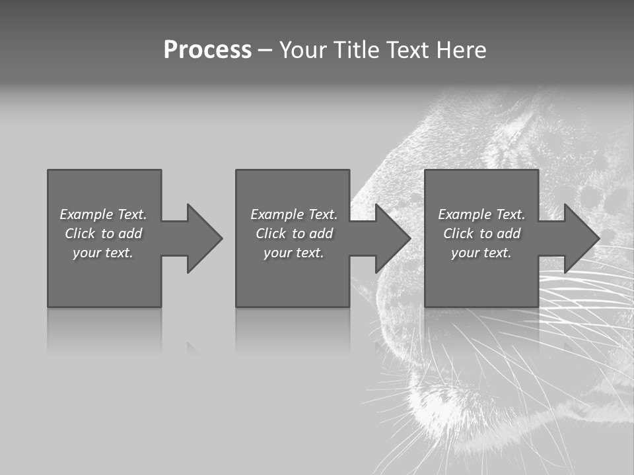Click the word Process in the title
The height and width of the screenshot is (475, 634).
click(x=207, y=50)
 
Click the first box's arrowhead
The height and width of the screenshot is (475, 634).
click(x=201, y=238)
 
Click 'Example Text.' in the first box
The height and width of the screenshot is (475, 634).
click(x=103, y=214)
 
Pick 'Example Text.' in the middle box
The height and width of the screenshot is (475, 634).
click(x=294, y=214)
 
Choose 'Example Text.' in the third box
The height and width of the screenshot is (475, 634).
click(x=481, y=214)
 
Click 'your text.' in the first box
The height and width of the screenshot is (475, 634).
click(x=103, y=253)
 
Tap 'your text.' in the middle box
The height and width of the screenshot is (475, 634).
click(x=294, y=253)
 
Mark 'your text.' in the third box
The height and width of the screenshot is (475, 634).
click(x=481, y=253)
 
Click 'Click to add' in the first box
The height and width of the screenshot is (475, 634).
click(x=103, y=234)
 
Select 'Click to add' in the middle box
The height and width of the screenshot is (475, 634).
click(x=294, y=234)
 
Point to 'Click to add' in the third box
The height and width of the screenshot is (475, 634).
click(x=481, y=234)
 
